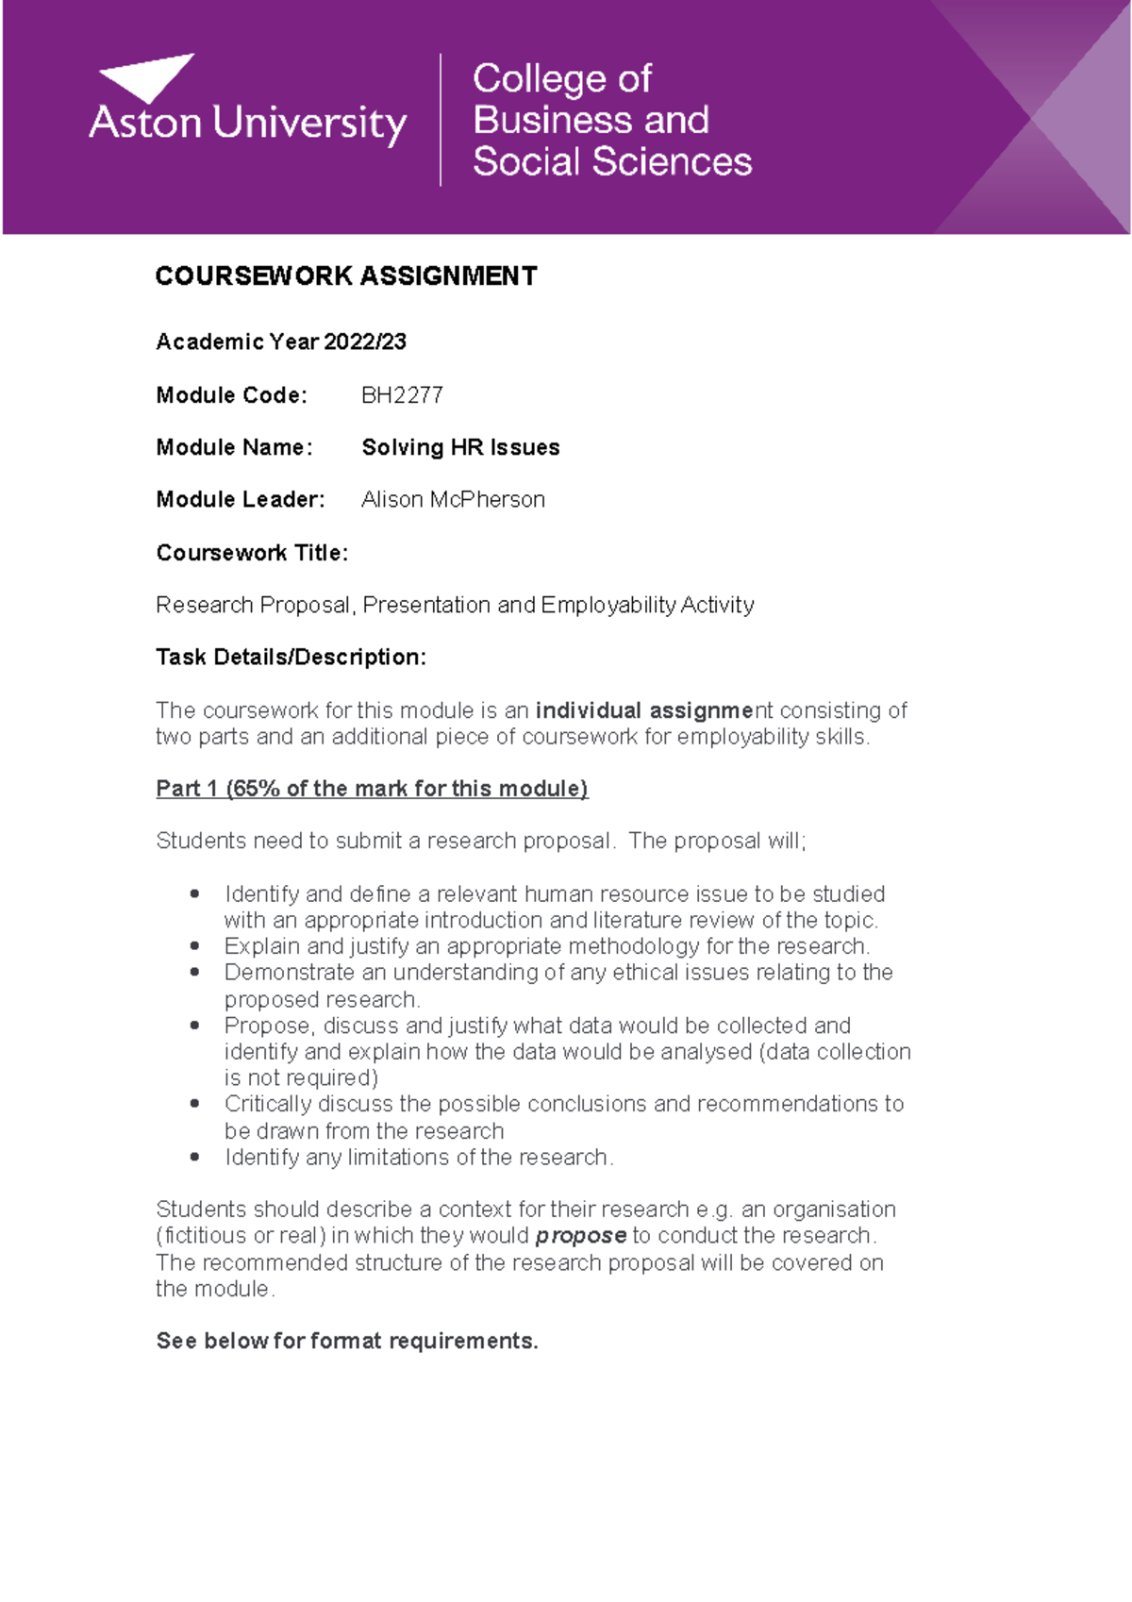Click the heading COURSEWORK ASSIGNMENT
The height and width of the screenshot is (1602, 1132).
pos(345,276)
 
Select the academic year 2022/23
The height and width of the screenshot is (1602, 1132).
pos(364,342)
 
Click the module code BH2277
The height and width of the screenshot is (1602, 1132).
pos(402,395)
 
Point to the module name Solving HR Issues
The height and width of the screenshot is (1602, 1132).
pos(460,447)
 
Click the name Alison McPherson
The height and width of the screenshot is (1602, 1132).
pos(453,500)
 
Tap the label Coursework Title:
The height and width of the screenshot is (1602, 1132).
pos(252,553)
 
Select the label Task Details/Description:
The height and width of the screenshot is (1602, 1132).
pos(291,658)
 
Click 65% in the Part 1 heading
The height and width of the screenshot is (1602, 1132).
pos(255,789)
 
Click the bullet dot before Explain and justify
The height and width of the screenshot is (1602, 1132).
pos(195,945)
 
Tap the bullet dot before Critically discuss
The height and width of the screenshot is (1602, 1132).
pos(195,1103)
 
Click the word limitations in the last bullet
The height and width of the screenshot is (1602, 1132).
pos(398,1158)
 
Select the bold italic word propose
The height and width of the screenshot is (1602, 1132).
pos(580,1236)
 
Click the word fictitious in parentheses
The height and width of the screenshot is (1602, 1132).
pos(205,1236)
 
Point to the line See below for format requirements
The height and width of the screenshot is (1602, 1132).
pos(346,1342)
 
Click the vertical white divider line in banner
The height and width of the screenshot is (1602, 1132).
pos(441,120)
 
